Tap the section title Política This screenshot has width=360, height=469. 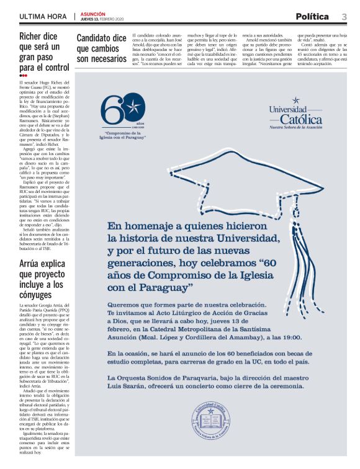point(315,16)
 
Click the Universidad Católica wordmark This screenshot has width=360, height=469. point(295,114)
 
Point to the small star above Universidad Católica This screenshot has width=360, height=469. point(296,99)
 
